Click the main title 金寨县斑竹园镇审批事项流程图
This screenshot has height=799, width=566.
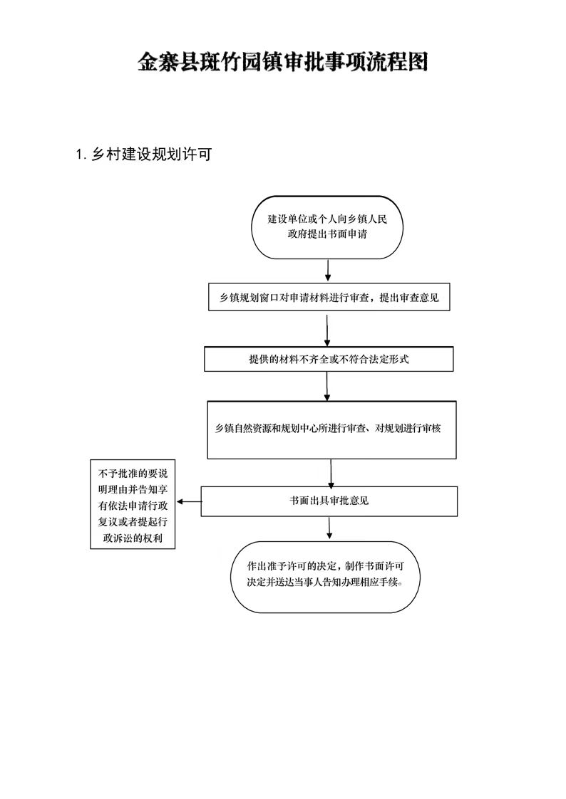[x=282, y=62]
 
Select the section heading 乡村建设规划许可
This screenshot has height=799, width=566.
[x=151, y=155]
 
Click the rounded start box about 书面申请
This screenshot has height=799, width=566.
[x=327, y=227]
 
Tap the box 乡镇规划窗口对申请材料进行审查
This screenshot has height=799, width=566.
[x=329, y=297]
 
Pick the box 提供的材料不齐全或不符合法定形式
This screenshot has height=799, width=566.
[x=329, y=359]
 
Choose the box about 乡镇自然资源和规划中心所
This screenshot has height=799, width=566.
[x=331, y=429]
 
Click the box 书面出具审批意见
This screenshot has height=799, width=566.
[x=329, y=501]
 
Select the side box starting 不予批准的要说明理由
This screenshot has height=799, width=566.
[x=133, y=504]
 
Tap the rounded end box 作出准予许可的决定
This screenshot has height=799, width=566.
[x=325, y=576]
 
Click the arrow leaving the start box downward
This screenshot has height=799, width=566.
[x=327, y=270]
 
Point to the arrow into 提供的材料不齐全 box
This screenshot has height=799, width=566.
[x=327, y=330]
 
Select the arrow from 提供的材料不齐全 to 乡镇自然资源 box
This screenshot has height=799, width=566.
[x=327, y=386]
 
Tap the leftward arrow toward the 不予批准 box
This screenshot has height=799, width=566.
[x=189, y=502]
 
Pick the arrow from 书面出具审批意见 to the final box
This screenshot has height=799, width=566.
[x=329, y=528]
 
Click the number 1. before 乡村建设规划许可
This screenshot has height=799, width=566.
[x=81, y=155]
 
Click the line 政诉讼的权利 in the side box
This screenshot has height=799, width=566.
[x=133, y=538]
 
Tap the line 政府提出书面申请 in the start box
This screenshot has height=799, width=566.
[x=327, y=234]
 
